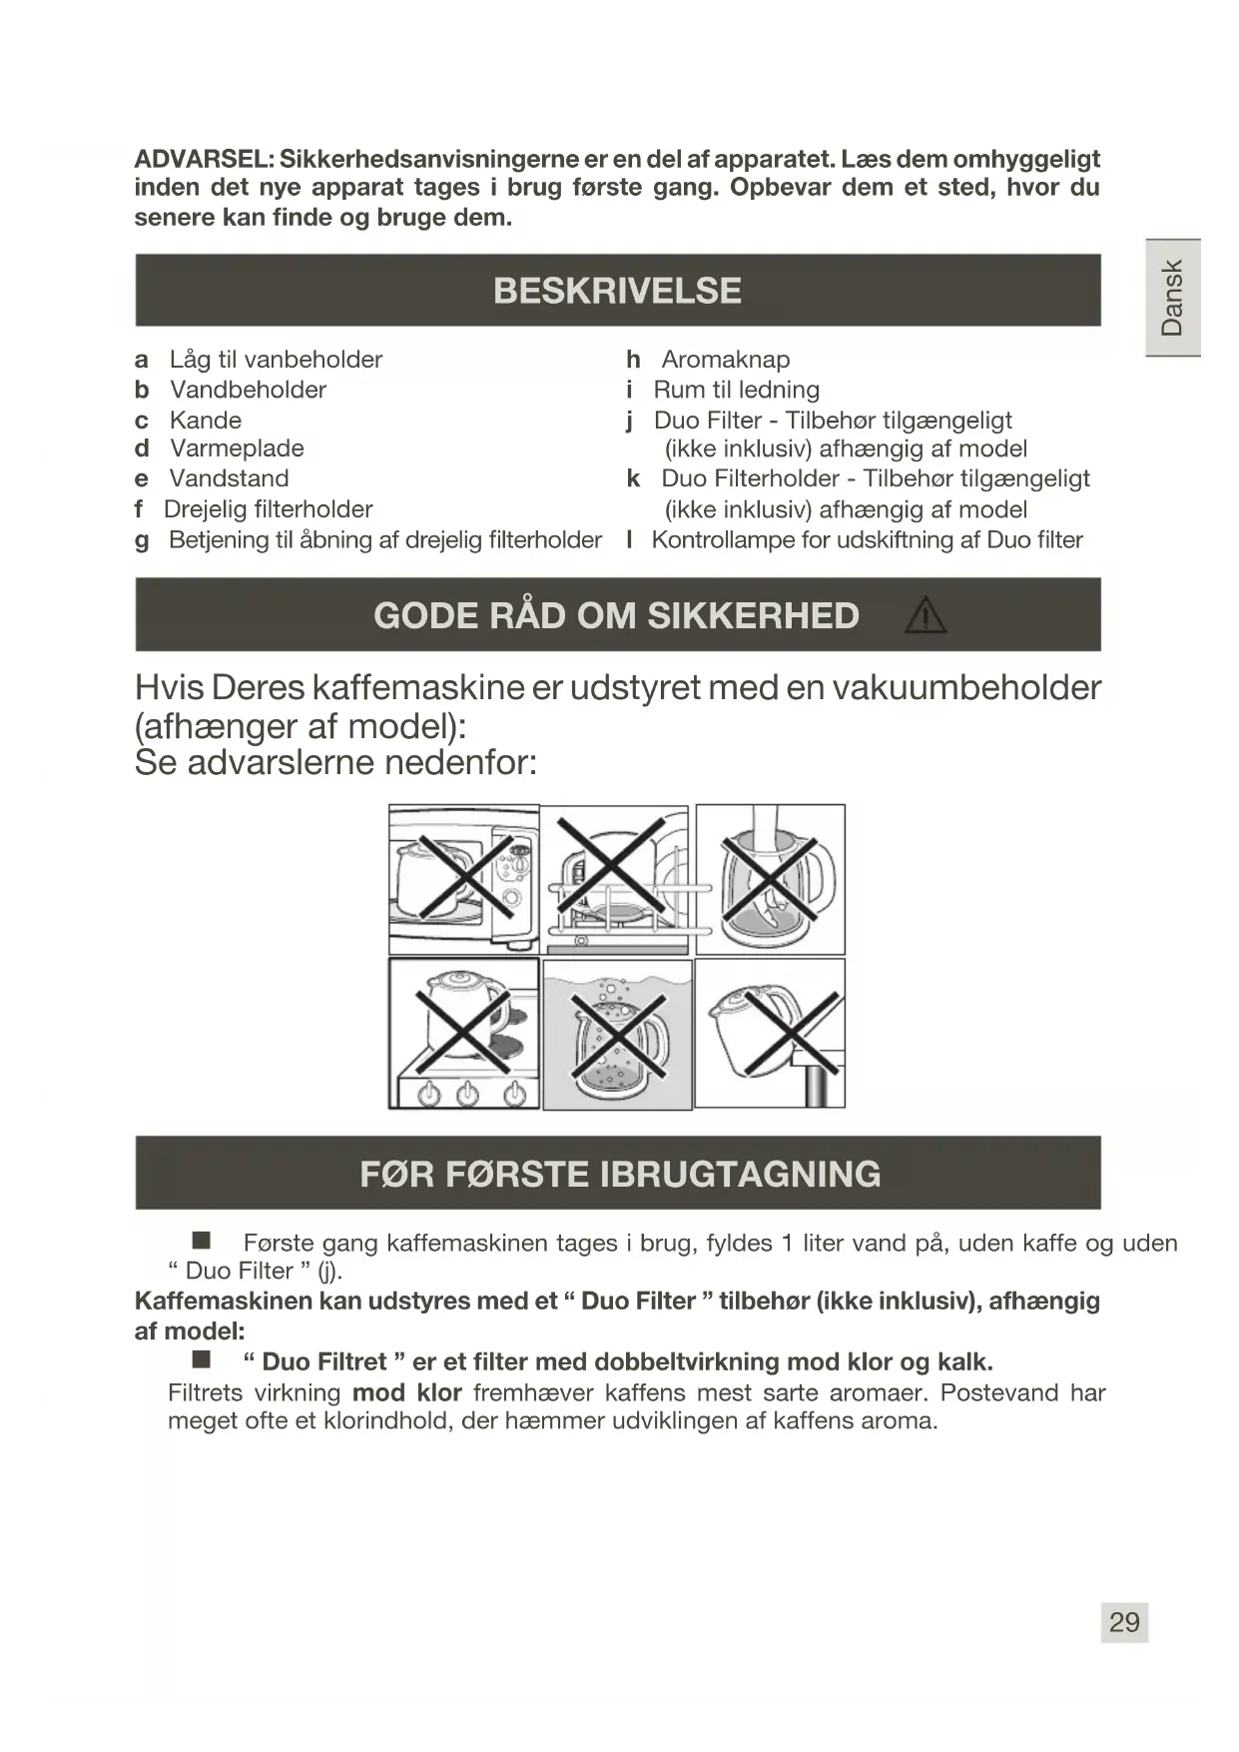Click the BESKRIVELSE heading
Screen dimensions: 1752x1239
tap(617, 291)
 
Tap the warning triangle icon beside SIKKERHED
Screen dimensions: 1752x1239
tap(925, 615)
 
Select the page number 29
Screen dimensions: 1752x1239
tap(1124, 1622)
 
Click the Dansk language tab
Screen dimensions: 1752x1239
tap(1172, 298)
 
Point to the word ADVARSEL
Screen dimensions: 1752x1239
tap(204, 159)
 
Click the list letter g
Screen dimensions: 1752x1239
tap(142, 540)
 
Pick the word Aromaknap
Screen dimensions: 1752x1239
tap(725, 360)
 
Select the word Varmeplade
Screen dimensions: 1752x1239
tap(237, 448)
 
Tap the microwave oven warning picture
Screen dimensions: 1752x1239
tap(464, 880)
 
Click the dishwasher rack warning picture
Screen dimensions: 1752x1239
tap(617, 880)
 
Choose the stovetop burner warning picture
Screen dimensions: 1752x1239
tap(464, 1034)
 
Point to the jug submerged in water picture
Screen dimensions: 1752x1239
tap(617, 1034)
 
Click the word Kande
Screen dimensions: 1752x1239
tap(206, 421)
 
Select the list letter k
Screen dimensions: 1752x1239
tap(633, 478)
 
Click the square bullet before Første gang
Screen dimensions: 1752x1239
tap(202, 1241)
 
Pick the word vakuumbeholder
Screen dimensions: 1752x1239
tap(966, 688)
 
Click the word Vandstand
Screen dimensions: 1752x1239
tap(229, 478)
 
